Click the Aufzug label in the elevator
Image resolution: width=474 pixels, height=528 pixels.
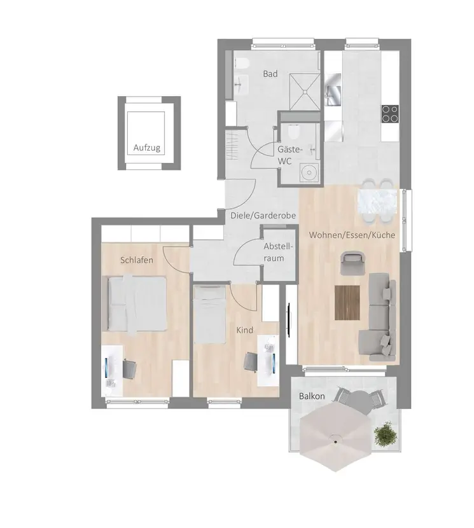click(x=146, y=148)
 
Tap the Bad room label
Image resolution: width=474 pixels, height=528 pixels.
click(x=270, y=74)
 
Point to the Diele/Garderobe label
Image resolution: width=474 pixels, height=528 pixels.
click(x=263, y=216)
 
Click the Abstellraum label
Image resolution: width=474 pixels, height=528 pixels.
click(x=278, y=252)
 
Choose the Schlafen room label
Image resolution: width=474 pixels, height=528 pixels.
click(x=137, y=260)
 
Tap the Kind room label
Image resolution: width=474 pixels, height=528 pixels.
click(x=244, y=330)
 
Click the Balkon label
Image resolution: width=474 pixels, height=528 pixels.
click(x=312, y=396)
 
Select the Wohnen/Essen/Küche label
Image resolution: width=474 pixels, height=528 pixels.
click(x=352, y=235)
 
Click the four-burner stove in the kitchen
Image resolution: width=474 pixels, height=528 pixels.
click(x=390, y=113)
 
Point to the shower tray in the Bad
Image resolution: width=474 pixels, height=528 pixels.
click(x=305, y=91)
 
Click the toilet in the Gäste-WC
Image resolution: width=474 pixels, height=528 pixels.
click(x=294, y=132)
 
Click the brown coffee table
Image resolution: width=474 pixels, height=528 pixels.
click(x=347, y=302)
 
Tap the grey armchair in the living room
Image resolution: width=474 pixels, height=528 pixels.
click(x=353, y=263)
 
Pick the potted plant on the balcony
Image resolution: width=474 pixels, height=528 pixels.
click(x=386, y=434)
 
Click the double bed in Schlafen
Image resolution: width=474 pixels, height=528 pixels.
click(x=137, y=303)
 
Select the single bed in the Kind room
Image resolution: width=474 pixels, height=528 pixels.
click(x=209, y=314)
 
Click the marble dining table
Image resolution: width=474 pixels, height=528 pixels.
click(x=377, y=202)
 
